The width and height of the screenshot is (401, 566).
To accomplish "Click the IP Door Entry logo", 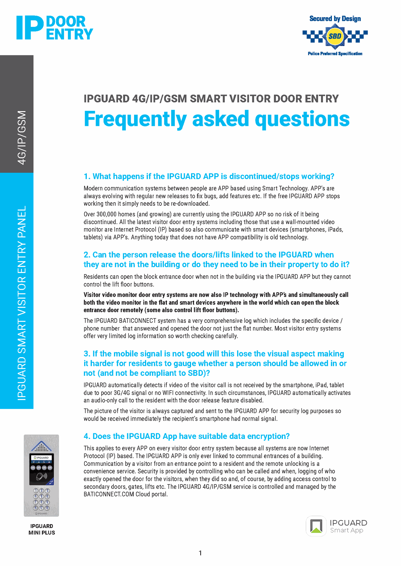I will [55, 28].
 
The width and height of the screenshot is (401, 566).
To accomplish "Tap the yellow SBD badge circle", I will [335, 36].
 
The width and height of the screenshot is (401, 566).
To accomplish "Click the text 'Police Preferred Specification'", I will [335, 54].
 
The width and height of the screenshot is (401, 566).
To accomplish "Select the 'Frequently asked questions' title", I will [216, 119].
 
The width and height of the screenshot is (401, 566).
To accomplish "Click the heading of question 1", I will [209, 176].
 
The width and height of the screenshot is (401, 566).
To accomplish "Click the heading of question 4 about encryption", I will [186, 436].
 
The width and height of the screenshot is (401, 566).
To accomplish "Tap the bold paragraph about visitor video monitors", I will [216, 302].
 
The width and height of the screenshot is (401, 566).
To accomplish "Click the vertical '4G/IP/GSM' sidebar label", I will [22, 137].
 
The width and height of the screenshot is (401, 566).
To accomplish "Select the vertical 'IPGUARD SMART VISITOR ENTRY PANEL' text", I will [22, 303].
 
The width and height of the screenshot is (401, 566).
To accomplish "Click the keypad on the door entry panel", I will [41, 499].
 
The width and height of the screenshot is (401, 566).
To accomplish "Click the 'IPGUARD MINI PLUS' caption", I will [42, 529].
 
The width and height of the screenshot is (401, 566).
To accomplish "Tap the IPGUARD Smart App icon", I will [316, 526].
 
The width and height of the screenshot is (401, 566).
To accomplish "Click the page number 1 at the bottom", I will [200, 553].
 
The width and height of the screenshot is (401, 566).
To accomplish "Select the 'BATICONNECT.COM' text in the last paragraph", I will [109, 494].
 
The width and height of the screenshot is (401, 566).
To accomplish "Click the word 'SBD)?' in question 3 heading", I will [199, 373].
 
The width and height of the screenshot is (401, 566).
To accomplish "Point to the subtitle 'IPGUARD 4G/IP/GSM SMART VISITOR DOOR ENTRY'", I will [211, 99].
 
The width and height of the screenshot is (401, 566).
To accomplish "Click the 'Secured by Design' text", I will [335, 19].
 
